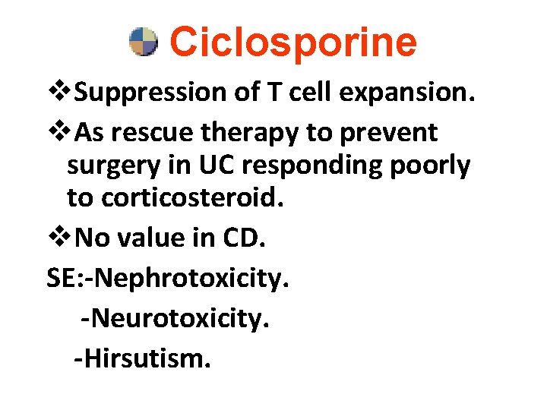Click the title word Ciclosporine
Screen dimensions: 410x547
(293, 43)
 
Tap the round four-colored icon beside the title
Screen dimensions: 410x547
(143, 43)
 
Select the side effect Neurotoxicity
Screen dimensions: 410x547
(179, 318)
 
